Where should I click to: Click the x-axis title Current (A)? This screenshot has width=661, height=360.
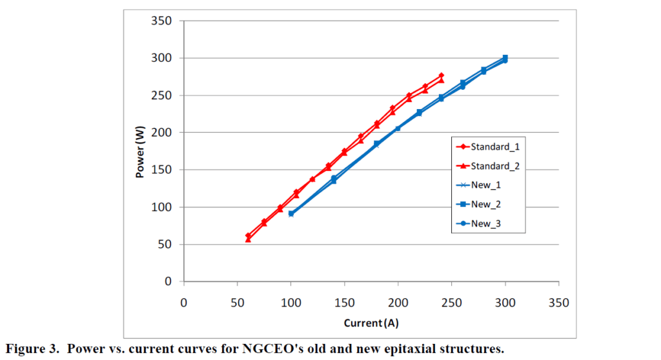[x=371, y=323]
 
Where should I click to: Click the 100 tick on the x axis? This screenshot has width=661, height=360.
[x=291, y=301]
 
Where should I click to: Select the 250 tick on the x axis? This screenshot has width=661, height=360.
[x=452, y=301]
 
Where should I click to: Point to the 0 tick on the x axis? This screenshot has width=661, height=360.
[x=184, y=301]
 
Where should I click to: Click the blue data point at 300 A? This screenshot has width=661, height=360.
[x=505, y=59]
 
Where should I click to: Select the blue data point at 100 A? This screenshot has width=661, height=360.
[x=291, y=214]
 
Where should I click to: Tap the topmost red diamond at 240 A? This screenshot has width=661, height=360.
[x=442, y=75]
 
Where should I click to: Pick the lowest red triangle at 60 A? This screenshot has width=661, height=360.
[x=248, y=239]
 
